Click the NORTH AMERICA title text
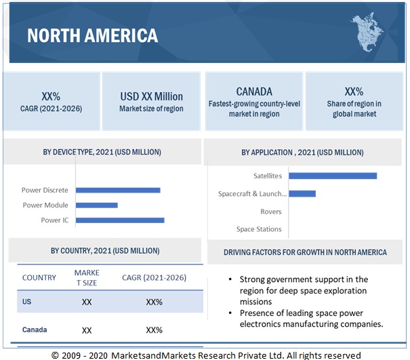[x=92, y=35]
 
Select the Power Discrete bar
[x=118, y=190]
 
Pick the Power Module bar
[x=97, y=205]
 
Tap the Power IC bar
[x=120, y=220]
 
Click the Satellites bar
[x=332, y=176]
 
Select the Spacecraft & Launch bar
[x=302, y=193]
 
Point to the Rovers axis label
[x=270, y=212]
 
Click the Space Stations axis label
[x=259, y=229]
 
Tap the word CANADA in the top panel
[x=254, y=92]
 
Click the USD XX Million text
[x=151, y=96]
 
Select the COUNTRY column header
[x=39, y=277]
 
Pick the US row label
[x=27, y=302]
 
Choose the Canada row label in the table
[x=35, y=329]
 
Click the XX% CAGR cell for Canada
[x=154, y=330]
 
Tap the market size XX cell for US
[x=87, y=302]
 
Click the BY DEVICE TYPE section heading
[x=104, y=153]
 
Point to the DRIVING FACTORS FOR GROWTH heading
[x=305, y=252]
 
